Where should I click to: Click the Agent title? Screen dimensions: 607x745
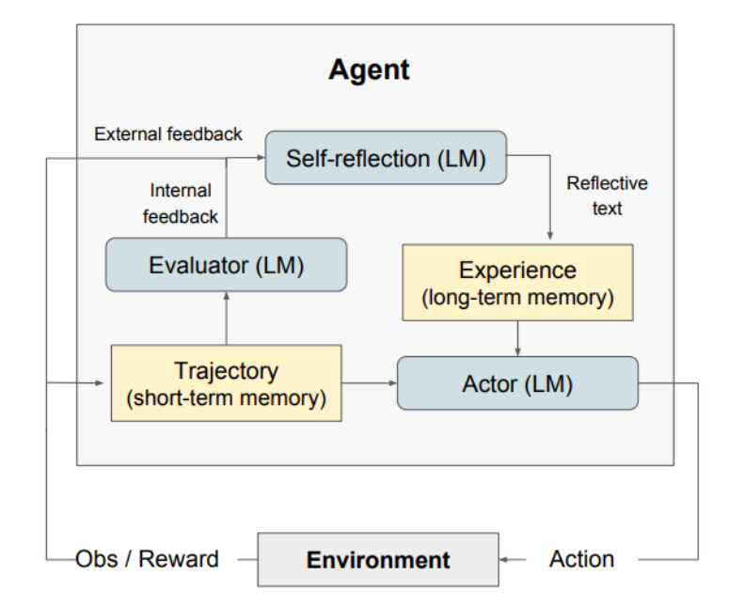pos(369,70)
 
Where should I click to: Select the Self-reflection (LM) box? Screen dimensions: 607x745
pos(386,158)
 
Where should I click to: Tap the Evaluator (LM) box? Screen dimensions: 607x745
pos(226,265)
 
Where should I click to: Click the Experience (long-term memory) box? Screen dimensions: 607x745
pos(517,283)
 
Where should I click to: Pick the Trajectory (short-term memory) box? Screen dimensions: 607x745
pos(226,382)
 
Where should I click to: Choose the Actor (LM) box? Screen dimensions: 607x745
pos(517,383)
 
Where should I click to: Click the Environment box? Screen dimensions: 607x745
pos(378,560)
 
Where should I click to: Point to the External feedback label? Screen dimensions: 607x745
pos(168,134)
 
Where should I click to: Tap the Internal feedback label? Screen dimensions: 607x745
pos(181,204)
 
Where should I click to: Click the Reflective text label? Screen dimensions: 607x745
pos(607,195)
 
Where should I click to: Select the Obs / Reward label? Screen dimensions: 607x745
pos(148,559)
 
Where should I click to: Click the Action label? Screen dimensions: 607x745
pos(581,559)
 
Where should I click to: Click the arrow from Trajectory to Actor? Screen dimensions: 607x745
pos(369,382)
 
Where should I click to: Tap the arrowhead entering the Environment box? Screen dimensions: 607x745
pos(505,560)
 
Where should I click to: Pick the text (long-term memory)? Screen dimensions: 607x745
pos(517,298)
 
